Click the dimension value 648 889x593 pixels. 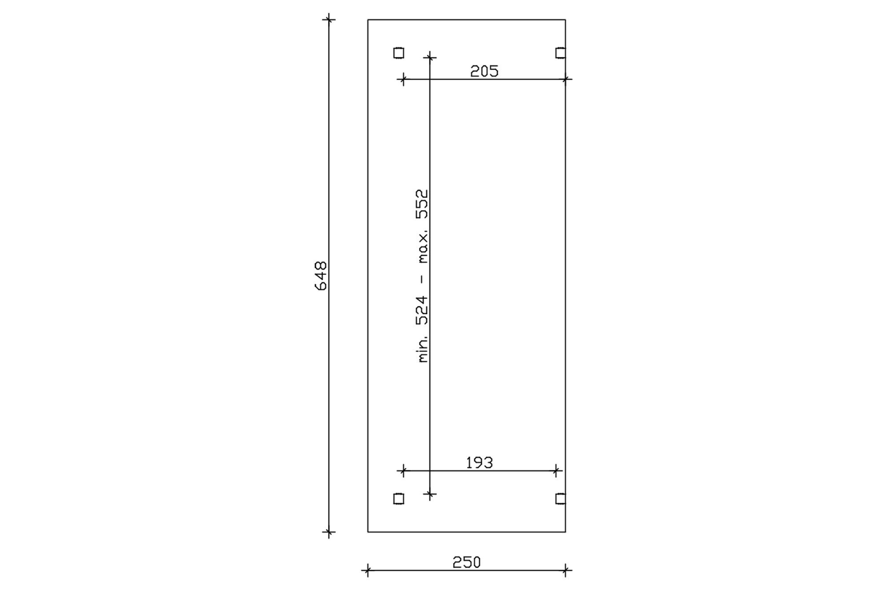[x=320, y=276]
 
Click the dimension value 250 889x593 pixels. [x=466, y=563]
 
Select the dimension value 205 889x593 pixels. [x=484, y=71]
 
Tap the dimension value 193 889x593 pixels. [x=479, y=463]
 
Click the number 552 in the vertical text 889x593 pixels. [x=422, y=204]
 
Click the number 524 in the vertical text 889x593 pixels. [x=422, y=310]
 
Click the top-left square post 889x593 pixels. [x=399, y=53]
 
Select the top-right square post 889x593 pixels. [x=561, y=53]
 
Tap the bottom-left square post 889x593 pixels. [x=399, y=499]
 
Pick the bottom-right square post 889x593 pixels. [x=561, y=499]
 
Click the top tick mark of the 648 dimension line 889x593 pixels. [x=329, y=20]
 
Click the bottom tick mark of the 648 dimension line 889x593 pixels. [x=329, y=532]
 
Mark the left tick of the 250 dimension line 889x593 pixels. [x=368, y=570]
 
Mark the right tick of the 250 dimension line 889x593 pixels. [x=565, y=570]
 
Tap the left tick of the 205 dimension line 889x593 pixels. [x=403, y=80]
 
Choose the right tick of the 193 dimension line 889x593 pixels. [x=556, y=471]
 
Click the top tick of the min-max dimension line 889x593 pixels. [x=429, y=57]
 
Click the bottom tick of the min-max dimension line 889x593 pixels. [x=429, y=494]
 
